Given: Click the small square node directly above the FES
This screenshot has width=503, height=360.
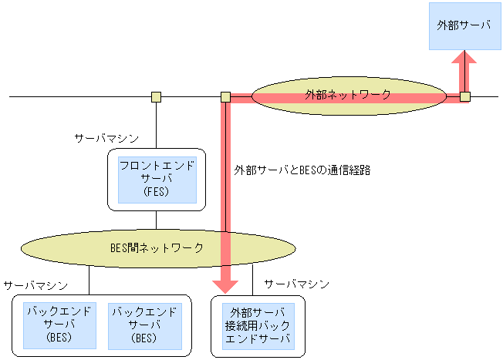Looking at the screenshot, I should pyautogui.click(x=156, y=97).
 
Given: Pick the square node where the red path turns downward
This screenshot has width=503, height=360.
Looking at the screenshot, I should pyautogui.click(x=225, y=97).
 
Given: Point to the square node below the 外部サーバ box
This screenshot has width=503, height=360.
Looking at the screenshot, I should pyautogui.click(x=464, y=97).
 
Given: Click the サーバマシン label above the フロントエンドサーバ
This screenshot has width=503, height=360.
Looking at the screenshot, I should pyautogui.click(x=106, y=138).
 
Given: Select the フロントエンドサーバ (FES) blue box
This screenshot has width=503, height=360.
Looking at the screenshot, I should pyautogui.click(x=157, y=179).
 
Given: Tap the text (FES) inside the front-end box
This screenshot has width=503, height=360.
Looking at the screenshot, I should pyautogui.click(x=157, y=192).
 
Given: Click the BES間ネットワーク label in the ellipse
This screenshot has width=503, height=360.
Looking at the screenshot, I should pyautogui.click(x=157, y=247).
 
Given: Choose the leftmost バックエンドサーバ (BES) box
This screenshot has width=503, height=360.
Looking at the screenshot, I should pyautogui.click(x=59, y=325).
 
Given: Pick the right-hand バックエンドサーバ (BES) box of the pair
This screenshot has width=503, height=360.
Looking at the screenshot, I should pyautogui.click(x=145, y=325).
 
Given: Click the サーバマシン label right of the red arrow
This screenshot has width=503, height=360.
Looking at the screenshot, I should pyautogui.click(x=297, y=284).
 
